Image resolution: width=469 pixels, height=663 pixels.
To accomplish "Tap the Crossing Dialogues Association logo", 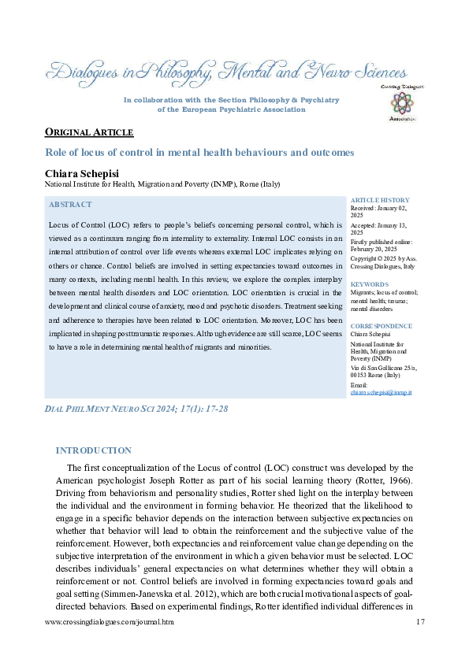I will point(403,103).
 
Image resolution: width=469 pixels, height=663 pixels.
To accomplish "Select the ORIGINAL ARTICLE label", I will point(88,132).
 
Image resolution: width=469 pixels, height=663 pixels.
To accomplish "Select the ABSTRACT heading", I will point(70,205).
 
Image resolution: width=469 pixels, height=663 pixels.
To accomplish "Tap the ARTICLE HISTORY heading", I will point(380,201).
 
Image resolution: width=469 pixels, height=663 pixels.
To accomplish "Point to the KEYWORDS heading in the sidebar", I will point(370,284).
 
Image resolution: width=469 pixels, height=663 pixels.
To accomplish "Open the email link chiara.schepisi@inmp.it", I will point(382,392).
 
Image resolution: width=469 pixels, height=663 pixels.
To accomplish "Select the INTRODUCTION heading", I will point(93,450).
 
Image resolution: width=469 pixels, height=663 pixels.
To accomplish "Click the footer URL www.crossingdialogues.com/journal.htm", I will point(109,622).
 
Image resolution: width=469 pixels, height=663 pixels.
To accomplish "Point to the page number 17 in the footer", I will point(419,622).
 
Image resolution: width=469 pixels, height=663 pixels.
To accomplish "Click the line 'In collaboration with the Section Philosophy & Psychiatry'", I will point(232,100).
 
